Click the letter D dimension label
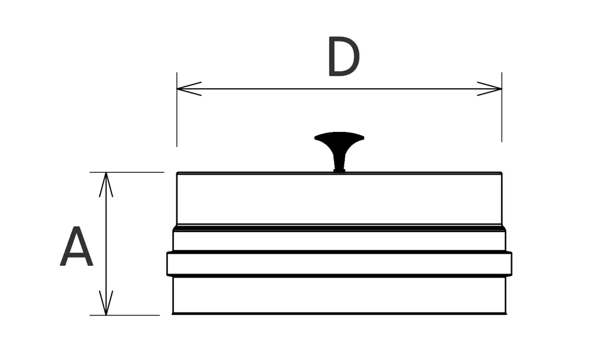click(343, 58)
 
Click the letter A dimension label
click(76, 247)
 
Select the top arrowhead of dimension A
click(106, 184)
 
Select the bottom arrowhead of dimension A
click(106, 304)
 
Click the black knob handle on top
click(339, 141)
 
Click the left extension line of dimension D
click(177, 120)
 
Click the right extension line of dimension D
click(502, 120)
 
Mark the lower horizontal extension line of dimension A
click(126, 315)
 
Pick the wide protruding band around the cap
click(339, 264)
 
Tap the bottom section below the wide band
click(339, 295)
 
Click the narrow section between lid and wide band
click(339, 241)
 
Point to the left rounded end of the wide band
click(169, 264)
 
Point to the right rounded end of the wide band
click(509, 264)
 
